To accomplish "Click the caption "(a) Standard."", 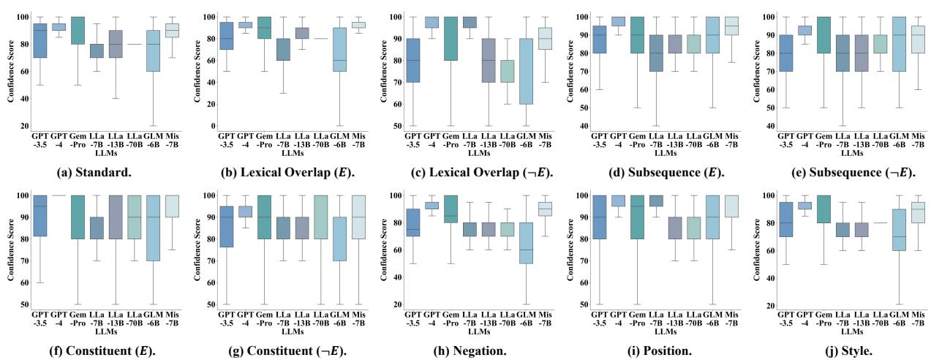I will [x=88, y=173].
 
